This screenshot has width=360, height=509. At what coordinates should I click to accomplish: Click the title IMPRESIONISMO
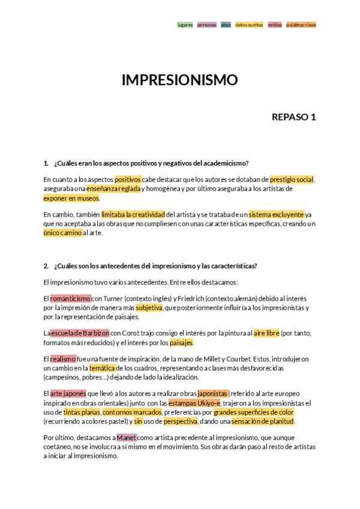[179, 80]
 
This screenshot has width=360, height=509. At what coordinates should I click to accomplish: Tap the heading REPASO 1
[293, 116]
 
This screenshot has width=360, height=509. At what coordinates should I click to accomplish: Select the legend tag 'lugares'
[185, 25]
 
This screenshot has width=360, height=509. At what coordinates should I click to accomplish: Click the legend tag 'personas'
[206, 25]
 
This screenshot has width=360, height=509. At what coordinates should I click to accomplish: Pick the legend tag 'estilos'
[274, 25]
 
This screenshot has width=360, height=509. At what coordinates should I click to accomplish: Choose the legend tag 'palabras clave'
[301, 25]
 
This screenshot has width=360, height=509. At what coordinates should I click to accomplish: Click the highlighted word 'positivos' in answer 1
[128, 179]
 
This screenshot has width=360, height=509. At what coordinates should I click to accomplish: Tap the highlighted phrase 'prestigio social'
[292, 179]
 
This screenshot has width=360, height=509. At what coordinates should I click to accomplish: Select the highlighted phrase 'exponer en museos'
[71, 197]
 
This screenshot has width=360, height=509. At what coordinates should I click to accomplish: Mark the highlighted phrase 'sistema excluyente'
[276, 214]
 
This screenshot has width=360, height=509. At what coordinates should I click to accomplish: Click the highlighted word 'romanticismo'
[70, 298]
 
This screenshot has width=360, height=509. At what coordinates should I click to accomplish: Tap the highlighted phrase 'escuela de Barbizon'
[80, 333]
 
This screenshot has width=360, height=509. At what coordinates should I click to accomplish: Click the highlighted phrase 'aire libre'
[266, 333]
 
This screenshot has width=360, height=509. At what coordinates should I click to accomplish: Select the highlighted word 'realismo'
[62, 359]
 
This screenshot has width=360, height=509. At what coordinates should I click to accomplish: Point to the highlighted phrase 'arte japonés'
[68, 394]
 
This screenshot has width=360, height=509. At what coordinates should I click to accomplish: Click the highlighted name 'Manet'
[127, 438]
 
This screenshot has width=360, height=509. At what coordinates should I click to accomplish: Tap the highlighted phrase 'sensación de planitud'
[267, 421]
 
